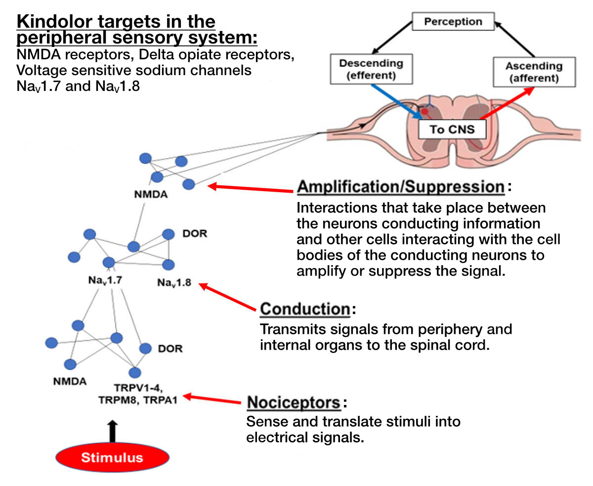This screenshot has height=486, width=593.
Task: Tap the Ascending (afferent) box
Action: [534, 72]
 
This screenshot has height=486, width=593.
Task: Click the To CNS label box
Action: [452, 130]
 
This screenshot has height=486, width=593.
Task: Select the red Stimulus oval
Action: [112, 457]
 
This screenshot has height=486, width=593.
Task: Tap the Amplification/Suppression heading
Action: [400, 188]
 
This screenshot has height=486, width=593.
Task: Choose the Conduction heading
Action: [305, 309]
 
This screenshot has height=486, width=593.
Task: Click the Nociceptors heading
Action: [294, 402]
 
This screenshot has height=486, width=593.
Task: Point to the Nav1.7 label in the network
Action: [105, 281]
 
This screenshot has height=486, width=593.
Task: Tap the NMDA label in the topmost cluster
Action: [151, 195]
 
